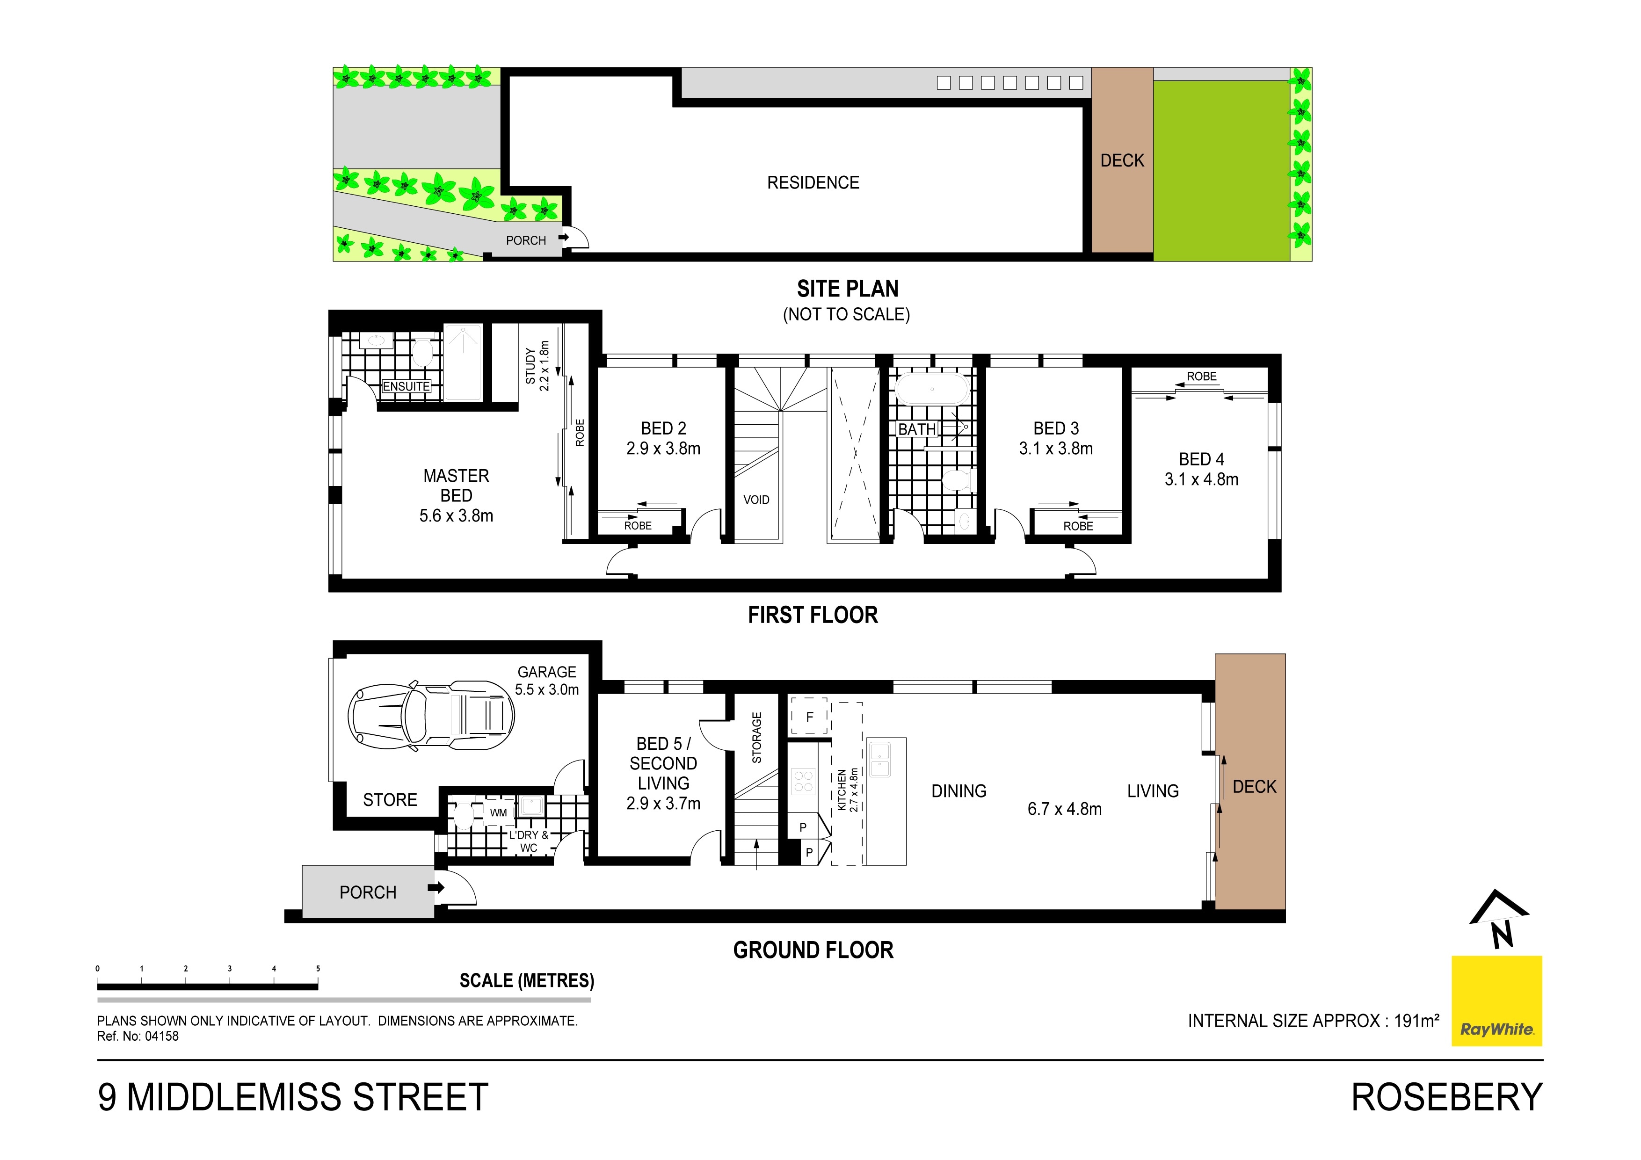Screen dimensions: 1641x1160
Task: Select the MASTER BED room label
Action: [x=456, y=486]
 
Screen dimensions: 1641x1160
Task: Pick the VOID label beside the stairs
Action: [x=756, y=500]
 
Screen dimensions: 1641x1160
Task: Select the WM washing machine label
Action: [x=498, y=812]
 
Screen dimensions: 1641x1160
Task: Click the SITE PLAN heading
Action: [x=848, y=289]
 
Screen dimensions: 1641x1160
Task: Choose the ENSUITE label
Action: [x=406, y=387]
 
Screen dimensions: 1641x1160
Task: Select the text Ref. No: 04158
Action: [x=138, y=1037]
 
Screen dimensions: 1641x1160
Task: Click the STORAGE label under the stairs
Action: [x=757, y=738]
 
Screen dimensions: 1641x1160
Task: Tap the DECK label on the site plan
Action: [x=1122, y=161]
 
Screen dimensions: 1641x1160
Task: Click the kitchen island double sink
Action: [x=880, y=759]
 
